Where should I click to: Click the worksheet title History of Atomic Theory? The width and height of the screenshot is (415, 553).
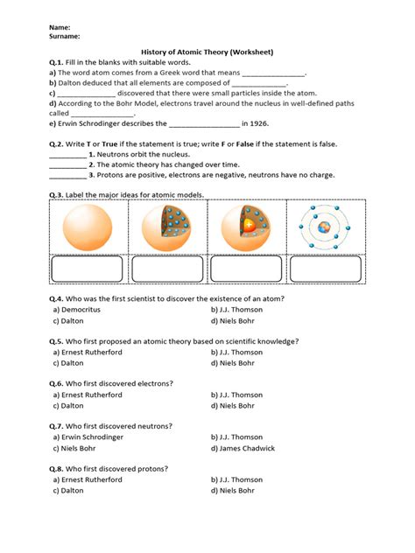pos(207,52)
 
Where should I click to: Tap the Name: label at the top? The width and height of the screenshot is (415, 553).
pos(60,27)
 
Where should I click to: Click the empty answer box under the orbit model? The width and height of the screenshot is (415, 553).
pos(325,269)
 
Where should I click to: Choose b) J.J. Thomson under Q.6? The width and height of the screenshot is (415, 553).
pos(236,395)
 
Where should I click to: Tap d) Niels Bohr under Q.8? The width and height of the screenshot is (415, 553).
pos(236,491)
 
